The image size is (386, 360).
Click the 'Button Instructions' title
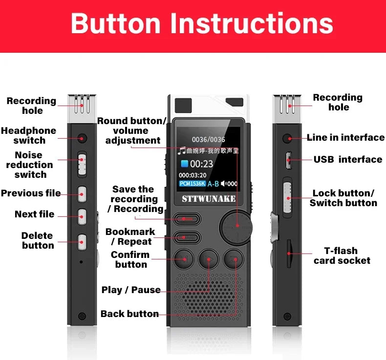pos(202,23)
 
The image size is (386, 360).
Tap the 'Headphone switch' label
pos(29,135)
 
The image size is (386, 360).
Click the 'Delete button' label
pos(38,240)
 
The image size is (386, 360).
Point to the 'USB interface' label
pos(348,159)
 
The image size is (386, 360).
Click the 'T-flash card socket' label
pos(342,255)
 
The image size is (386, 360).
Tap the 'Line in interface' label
pos(345,138)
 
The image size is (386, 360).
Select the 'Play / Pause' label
pos(131,290)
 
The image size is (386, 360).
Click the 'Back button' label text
pos(129,314)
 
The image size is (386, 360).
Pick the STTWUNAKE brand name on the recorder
pos(209,198)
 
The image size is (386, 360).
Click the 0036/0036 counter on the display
pos(208,140)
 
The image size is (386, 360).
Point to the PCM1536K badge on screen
pos(192,184)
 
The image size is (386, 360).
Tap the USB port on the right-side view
pos(288,159)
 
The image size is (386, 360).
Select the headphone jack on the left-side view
pos(82,138)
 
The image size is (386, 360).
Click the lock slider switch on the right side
pos(288,197)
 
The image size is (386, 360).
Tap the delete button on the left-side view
pos(82,240)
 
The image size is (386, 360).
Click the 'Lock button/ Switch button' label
pos(343,198)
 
